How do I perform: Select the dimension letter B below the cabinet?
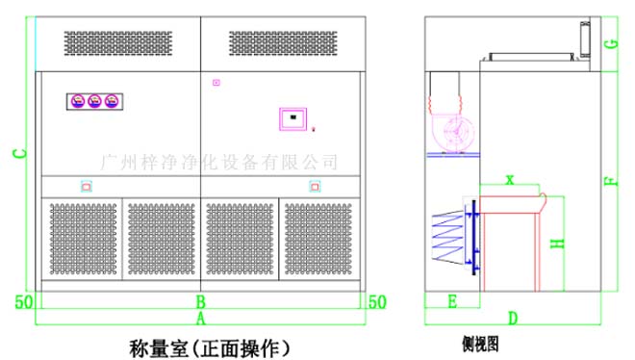tap(201, 301)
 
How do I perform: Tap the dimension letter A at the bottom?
tap(201, 317)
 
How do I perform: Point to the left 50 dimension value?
tap(24, 302)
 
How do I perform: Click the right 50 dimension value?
tap(377, 302)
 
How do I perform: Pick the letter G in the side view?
tap(611, 44)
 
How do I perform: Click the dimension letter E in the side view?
tap(451, 301)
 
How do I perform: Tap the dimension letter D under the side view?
tap(513, 317)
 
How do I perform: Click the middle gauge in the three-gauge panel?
tap(95, 100)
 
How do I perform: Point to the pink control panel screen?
tap(292, 118)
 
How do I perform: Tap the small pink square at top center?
tap(216, 83)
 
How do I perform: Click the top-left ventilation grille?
tap(118, 41)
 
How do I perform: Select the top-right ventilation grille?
tap(284, 41)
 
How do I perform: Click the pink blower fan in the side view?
tap(450, 132)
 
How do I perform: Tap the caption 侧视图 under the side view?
tap(478, 342)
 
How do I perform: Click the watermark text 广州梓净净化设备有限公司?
tap(219, 161)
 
